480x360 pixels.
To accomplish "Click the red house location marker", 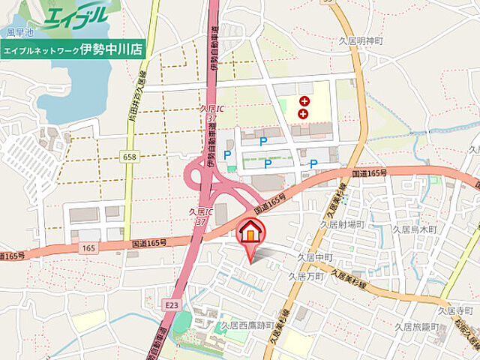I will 250,231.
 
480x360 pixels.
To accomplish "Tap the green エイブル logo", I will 75,17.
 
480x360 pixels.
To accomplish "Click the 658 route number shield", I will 130,155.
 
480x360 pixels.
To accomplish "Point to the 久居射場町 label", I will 343,223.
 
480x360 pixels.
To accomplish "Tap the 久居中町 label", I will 315,256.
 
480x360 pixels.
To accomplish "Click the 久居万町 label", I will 306,276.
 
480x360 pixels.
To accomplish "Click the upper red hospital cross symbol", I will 304,101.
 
